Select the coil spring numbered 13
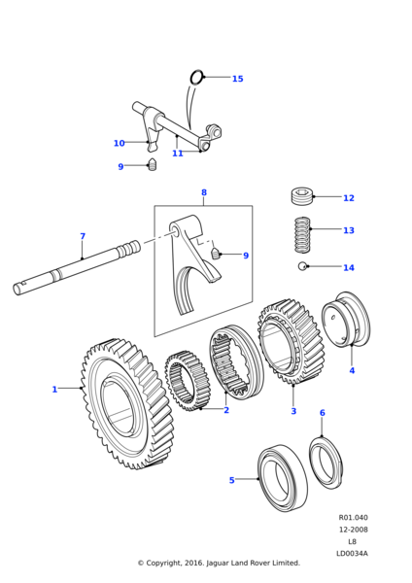(x=302, y=235)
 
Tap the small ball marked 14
(x=302, y=266)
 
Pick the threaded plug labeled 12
(x=302, y=196)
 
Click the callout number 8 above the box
(x=204, y=192)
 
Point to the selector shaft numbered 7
(x=76, y=268)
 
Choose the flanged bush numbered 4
(x=346, y=320)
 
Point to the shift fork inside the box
(x=190, y=260)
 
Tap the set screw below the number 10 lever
(x=153, y=164)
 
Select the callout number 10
(x=119, y=143)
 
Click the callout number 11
(x=178, y=154)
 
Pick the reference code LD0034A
(x=352, y=554)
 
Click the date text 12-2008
(x=353, y=530)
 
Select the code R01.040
(x=353, y=518)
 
